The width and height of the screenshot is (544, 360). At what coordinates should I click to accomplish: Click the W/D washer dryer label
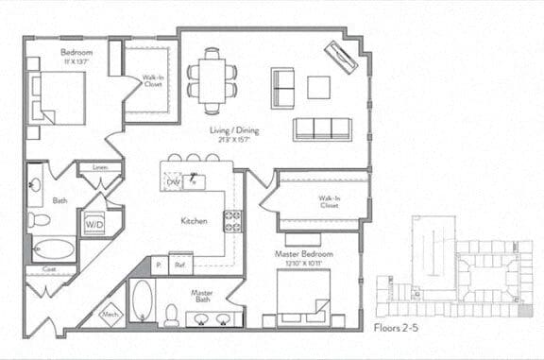coord(94,225)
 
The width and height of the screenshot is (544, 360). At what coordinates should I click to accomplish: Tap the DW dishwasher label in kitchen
coord(174,181)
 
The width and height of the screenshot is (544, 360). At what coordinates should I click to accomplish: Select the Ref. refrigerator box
coord(180,266)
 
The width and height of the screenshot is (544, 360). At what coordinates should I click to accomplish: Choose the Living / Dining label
coord(234,130)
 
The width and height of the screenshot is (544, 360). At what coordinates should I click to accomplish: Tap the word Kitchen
coord(195,221)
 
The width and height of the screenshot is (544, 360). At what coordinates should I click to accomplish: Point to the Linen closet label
coord(99,168)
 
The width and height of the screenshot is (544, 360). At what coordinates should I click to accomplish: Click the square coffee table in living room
coord(318,86)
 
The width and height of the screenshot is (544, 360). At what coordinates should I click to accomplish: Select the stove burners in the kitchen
coord(230,221)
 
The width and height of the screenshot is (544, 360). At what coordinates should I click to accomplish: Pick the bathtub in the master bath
coord(141,302)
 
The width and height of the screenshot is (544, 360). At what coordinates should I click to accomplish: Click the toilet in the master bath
coord(171,314)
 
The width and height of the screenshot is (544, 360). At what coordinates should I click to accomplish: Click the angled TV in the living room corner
coord(340,58)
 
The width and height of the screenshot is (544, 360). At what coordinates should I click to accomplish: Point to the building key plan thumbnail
coord(450,269)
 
